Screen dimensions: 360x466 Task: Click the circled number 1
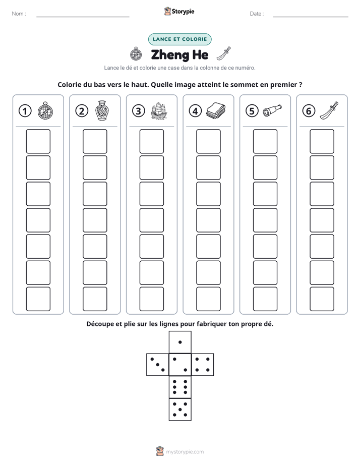(x=25, y=111)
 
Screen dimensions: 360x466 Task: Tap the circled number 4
(x=195, y=111)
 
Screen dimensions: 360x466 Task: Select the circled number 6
(x=309, y=111)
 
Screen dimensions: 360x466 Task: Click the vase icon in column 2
(x=102, y=110)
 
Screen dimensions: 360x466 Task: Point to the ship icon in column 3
(x=159, y=111)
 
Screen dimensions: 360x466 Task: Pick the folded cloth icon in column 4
(x=216, y=110)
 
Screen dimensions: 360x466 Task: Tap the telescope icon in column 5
(x=272, y=110)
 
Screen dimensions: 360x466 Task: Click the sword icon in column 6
(x=329, y=110)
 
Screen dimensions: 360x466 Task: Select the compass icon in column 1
(x=45, y=110)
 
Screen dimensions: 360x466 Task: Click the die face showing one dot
(x=180, y=342)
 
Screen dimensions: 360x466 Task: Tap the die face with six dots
(x=180, y=387)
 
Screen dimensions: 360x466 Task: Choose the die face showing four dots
(x=203, y=365)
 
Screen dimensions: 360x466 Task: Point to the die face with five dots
(x=180, y=410)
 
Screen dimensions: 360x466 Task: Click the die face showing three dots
(x=158, y=365)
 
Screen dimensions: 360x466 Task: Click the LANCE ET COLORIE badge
(x=179, y=39)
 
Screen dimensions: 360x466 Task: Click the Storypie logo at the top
(x=179, y=11)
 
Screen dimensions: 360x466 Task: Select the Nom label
(x=19, y=14)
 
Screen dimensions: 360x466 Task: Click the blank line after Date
(x=311, y=17)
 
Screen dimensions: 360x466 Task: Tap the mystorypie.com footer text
(x=185, y=452)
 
